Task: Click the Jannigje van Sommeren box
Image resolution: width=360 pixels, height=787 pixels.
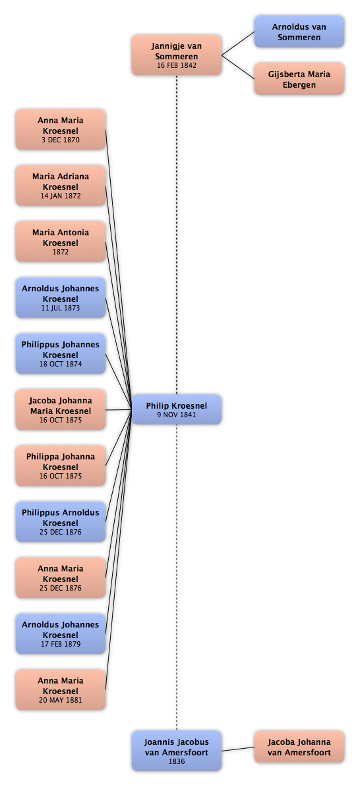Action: [177, 55]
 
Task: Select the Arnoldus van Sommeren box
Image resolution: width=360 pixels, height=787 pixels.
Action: [299, 32]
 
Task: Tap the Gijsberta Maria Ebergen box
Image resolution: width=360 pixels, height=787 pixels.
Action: [299, 79]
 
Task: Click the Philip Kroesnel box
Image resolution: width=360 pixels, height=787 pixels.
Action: [177, 409]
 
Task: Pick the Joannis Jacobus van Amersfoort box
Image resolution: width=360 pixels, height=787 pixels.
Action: [177, 751]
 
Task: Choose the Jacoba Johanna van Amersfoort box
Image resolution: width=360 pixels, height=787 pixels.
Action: [299, 747]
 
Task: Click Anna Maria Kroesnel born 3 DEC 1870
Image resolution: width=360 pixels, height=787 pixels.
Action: [61, 129]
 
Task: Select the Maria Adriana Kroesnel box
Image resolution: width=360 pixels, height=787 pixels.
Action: [61, 186]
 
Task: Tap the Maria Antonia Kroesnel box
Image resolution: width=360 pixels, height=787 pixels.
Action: [61, 241]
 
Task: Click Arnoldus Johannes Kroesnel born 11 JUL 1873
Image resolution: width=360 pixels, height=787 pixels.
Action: [61, 298]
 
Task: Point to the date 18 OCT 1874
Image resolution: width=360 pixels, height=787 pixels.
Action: [61, 364]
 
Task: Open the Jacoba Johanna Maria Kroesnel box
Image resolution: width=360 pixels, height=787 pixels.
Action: [61, 409]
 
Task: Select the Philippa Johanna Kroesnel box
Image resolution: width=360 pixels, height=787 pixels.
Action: [61, 466]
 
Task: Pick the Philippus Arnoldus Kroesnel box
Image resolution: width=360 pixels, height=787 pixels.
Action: [61, 521]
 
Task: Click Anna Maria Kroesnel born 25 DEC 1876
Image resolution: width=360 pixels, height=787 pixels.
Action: [61, 577]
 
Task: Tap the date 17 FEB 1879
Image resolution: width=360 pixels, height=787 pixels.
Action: [61, 644]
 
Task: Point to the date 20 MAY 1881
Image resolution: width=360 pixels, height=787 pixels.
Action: [61, 700]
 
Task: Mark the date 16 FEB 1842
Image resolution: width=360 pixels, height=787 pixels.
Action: [177, 65]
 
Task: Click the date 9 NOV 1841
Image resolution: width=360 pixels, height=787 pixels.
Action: [176, 415]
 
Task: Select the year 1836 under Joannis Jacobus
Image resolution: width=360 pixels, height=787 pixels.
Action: [177, 761]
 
